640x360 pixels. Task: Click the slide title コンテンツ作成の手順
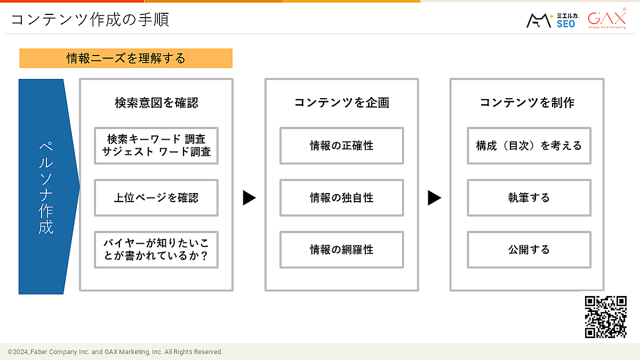coord(90,20)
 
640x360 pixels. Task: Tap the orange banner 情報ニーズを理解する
coord(126,58)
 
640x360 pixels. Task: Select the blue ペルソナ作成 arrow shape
coord(46,187)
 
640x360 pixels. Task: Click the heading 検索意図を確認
coord(156,102)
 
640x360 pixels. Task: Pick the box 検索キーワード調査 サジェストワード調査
coord(156,146)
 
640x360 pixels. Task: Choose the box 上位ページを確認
coord(156,197)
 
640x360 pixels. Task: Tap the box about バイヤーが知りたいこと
coord(156,250)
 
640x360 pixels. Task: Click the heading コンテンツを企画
coord(342,102)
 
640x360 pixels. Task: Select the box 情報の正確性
coord(342,146)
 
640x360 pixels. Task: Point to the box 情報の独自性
coord(342,197)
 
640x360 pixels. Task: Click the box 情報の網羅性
coord(342,250)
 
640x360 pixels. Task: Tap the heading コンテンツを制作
coord(527,102)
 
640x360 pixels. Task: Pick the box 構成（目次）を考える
coord(529,146)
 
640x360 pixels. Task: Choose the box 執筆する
coord(529,197)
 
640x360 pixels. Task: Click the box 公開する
coord(529,250)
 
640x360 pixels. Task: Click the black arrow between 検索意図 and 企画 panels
coord(249,198)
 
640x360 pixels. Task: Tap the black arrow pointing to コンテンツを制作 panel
coord(434,198)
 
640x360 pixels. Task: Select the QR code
coord(605,317)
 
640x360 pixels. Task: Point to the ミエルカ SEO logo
coord(551,20)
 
